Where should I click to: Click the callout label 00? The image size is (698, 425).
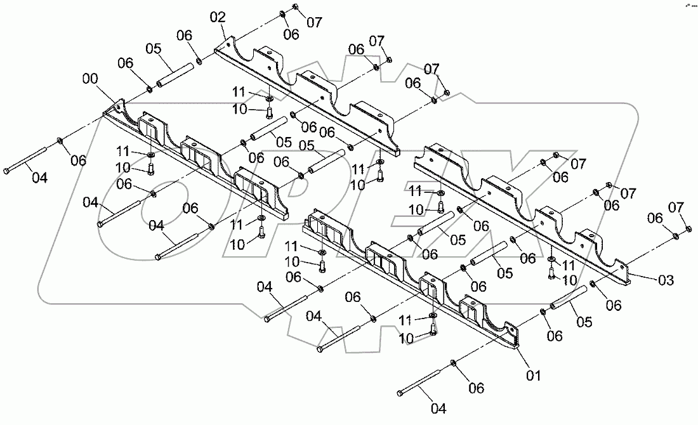(91, 79)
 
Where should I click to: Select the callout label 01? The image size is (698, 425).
(534, 376)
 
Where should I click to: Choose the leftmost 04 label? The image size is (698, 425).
(39, 178)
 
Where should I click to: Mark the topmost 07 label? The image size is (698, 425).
(314, 22)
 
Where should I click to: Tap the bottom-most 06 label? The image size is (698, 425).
(476, 388)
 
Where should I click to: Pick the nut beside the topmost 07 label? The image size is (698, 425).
(296, 8)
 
